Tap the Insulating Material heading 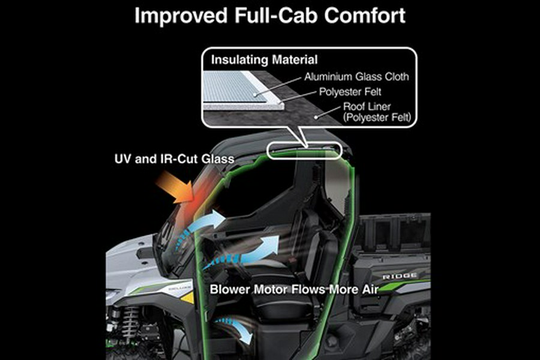point(264,60)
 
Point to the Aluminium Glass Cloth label point(357,77)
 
